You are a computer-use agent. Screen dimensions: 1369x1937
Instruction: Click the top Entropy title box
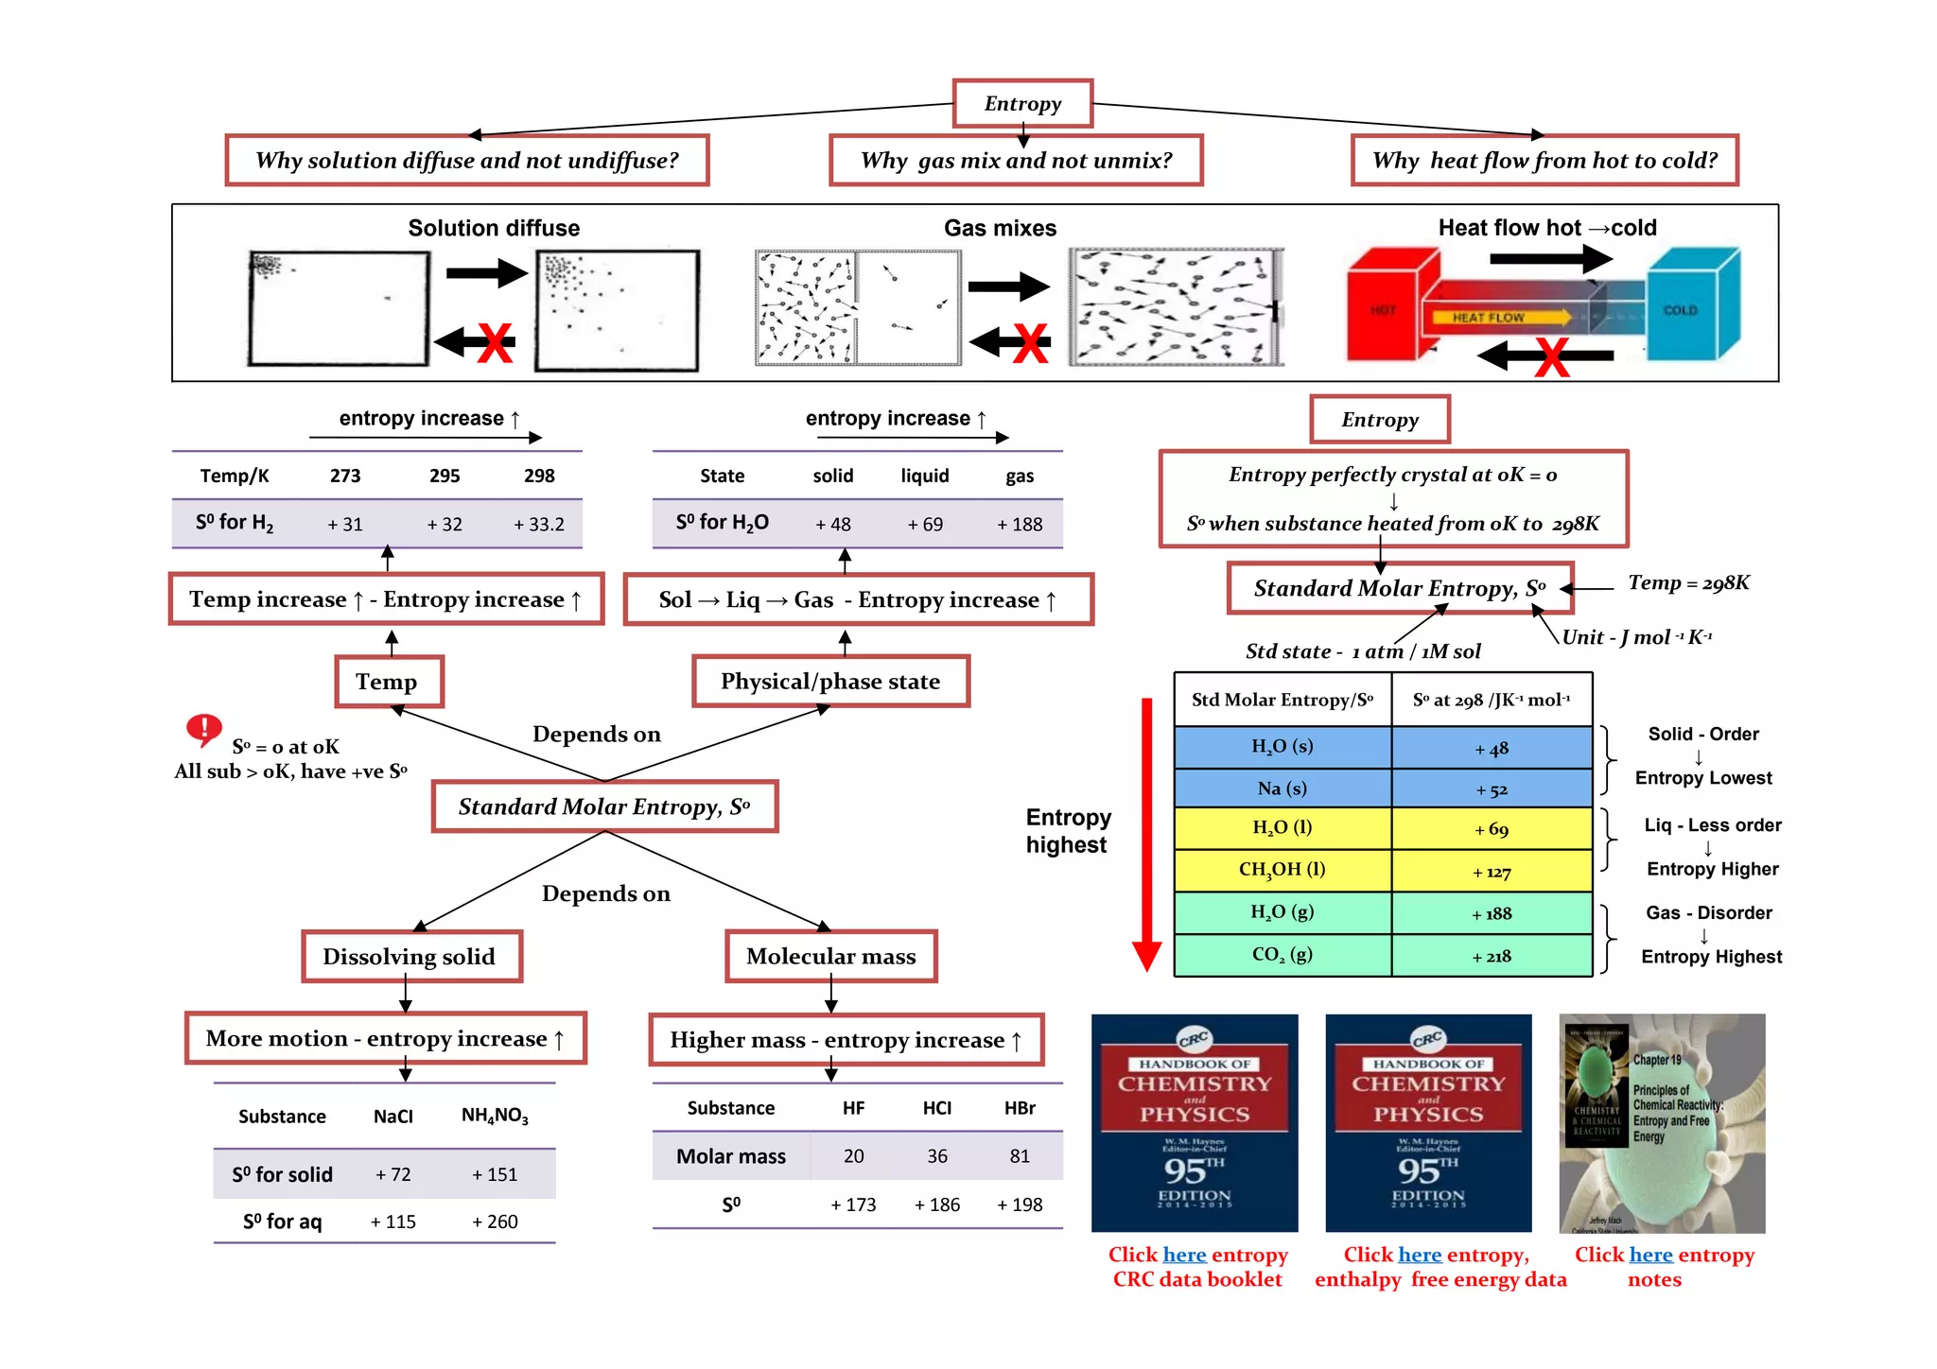pos(1022,104)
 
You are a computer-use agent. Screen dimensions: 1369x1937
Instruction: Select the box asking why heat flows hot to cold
pos(1544,161)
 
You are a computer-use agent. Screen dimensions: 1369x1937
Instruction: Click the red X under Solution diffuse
pos(495,342)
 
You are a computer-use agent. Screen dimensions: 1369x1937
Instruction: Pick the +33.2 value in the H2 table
pos(539,524)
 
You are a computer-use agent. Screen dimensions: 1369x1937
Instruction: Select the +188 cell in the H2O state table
pos(1020,524)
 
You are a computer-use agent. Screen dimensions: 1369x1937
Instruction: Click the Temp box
pos(388,682)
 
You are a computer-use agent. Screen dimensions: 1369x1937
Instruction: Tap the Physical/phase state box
pos(830,682)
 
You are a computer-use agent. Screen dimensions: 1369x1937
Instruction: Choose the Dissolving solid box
pos(410,957)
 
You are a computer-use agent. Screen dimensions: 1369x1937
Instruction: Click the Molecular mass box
pos(830,957)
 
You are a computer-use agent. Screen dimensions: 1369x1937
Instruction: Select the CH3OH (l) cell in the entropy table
pos(1283,870)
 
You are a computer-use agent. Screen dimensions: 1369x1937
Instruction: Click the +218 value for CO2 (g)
pos(1492,957)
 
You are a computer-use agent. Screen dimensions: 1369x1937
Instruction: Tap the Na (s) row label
pos(1283,788)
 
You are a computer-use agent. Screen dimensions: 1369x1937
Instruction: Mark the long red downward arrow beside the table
pos(1146,832)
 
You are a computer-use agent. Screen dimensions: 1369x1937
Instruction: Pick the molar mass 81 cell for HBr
pos(1020,1156)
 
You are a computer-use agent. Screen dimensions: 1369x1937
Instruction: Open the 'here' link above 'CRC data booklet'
pos(1184,1255)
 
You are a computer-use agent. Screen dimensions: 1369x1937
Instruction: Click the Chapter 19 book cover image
pos(1662,1123)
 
